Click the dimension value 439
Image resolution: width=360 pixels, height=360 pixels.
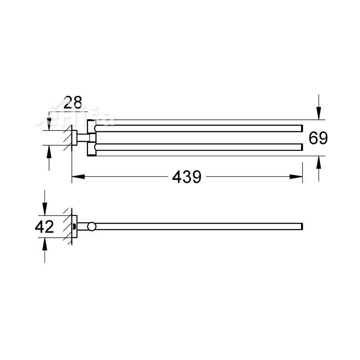tap(187, 177)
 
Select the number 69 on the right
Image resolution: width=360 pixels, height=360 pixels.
tap(318, 138)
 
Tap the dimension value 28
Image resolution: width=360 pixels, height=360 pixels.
tap(72, 103)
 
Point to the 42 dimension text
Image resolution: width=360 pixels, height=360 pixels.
tap(45, 226)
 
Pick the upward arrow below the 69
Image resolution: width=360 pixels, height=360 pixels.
tap(319, 162)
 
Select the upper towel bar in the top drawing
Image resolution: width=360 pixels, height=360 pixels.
tap(198, 128)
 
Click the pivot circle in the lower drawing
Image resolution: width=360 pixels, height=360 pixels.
tap(91, 226)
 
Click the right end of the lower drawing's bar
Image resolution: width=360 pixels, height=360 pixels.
tap(301, 226)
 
